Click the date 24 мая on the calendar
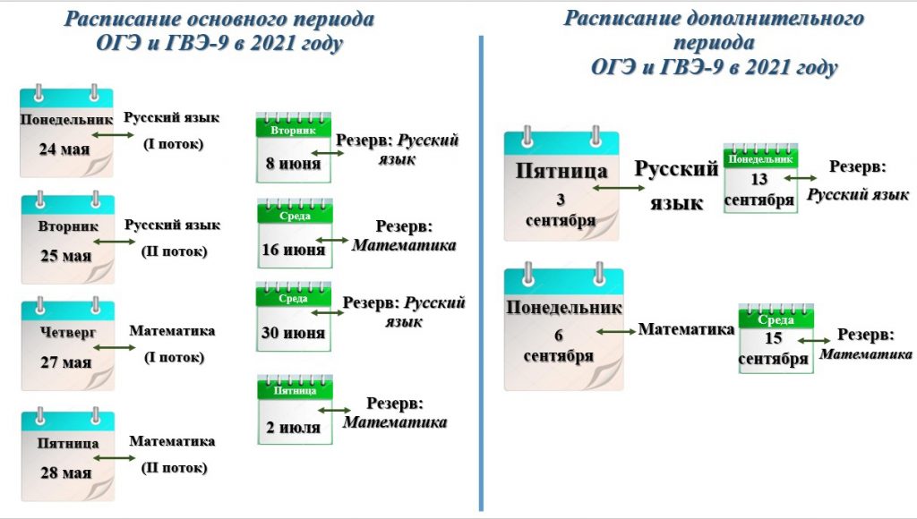tap(64, 149)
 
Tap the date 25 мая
tap(66, 256)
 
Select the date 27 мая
tap(66, 362)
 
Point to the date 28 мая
tap(66, 472)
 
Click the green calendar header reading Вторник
tap(294, 130)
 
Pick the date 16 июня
tap(294, 250)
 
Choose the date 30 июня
tap(293, 333)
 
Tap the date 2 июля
tap(294, 427)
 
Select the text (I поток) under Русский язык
tap(174, 144)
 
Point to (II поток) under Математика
tap(175, 468)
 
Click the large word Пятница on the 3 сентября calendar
tap(561, 171)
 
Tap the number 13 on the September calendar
tap(759, 179)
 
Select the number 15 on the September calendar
tap(773, 338)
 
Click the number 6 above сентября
tap(559, 335)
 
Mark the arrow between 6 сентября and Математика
tap(616, 331)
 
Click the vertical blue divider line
tap(481, 274)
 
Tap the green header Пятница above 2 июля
tap(295, 390)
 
